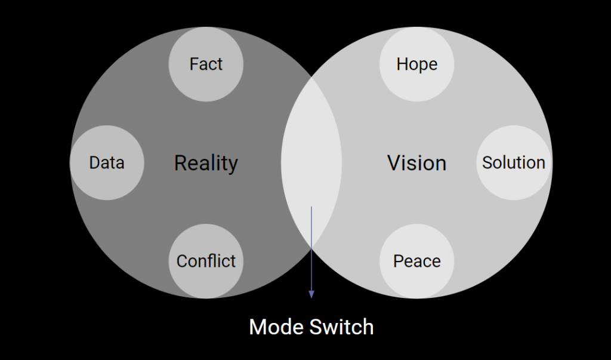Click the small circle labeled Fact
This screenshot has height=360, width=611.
pyautogui.click(x=206, y=64)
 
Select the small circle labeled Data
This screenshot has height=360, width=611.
pyautogui.click(x=107, y=162)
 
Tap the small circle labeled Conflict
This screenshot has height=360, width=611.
pyautogui.click(x=206, y=261)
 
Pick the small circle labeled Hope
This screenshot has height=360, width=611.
pyautogui.click(x=417, y=64)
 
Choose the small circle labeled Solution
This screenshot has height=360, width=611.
pyautogui.click(x=514, y=162)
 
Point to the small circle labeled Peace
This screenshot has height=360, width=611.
pyautogui.click(x=417, y=261)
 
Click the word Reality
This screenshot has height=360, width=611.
pyautogui.click(x=206, y=164)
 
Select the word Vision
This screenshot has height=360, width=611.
pyautogui.click(x=417, y=162)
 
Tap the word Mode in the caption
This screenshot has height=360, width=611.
pyautogui.click(x=277, y=327)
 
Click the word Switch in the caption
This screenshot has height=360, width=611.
pyautogui.click(x=342, y=327)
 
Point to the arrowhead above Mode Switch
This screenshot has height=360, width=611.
pyautogui.click(x=311, y=294)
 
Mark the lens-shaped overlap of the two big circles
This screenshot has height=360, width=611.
pyautogui.click(x=311, y=162)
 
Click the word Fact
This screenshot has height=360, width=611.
pyautogui.click(x=206, y=64)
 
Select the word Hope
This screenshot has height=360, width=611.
pyautogui.click(x=417, y=64)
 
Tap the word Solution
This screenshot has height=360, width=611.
pyautogui.click(x=514, y=162)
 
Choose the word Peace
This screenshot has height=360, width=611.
pyautogui.click(x=417, y=261)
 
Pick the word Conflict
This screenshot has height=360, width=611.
pyautogui.click(x=206, y=261)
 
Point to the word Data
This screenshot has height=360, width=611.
pyautogui.click(x=107, y=162)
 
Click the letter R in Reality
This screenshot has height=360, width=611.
pyautogui.click(x=180, y=163)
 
